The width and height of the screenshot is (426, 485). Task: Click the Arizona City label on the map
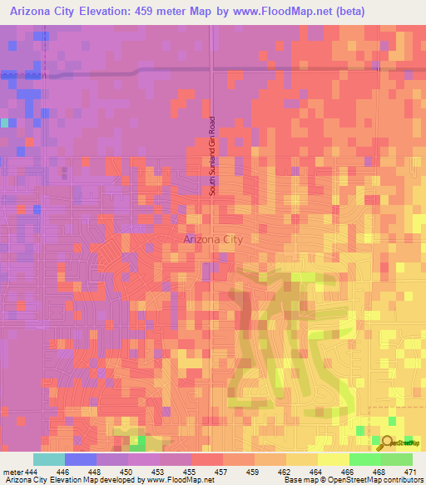click(x=213, y=239)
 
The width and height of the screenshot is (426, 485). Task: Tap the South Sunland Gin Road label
click(x=213, y=156)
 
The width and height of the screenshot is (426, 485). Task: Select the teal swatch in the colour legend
click(x=49, y=459)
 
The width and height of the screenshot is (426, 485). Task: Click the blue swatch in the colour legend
click(x=81, y=459)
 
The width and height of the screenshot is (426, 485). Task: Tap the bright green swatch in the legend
click(x=364, y=459)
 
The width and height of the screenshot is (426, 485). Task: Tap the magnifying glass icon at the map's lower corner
click(x=385, y=442)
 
